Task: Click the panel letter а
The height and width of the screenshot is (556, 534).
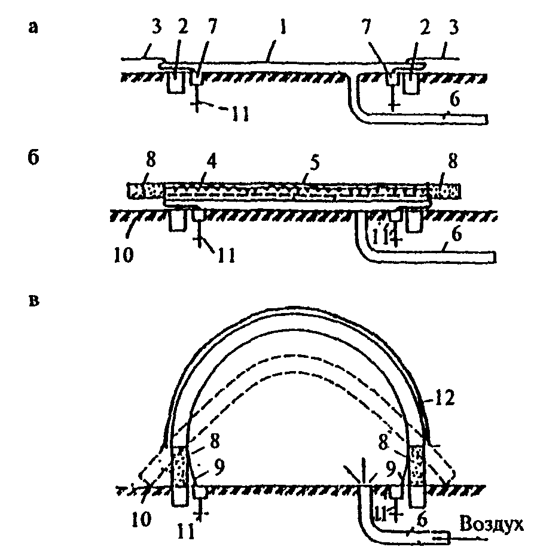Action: [x=33, y=28]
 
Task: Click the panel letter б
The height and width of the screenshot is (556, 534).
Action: [x=33, y=157]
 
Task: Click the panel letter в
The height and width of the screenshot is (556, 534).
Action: [x=33, y=302]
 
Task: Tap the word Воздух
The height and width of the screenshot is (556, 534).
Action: [x=491, y=524]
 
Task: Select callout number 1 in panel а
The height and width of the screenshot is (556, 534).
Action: [x=282, y=28]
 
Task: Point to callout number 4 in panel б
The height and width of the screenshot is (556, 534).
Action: [x=212, y=162]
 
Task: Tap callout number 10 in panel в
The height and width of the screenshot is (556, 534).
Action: [x=141, y=519]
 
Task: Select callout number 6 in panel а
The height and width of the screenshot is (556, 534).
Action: [x=454, y=99]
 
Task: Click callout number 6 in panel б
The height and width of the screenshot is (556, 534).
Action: [x=457, y=235]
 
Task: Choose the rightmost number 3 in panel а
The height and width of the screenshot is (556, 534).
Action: [x=453, y=28]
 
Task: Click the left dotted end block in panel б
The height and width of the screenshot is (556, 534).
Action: [x=146, y=191]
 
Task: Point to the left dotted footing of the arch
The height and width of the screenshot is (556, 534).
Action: [x=179, y=467]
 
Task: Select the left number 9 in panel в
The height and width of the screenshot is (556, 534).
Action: [x=219, y=467]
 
